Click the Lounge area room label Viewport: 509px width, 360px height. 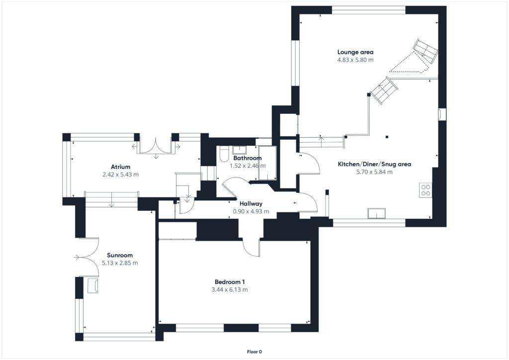coord(355,52)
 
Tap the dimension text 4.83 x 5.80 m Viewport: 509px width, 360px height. coord(355,60)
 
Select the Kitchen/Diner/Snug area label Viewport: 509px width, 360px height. coord(374,164)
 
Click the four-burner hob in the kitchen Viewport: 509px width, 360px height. coord(426,190)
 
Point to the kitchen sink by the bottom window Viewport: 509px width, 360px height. coord(376,214)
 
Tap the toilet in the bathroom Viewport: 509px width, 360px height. coord(223,155)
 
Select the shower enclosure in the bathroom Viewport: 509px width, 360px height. coord(266,163)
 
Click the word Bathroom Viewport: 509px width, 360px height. coord(247,158)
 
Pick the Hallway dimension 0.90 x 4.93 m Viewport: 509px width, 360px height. coord(251,211)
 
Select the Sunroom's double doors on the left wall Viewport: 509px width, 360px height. coord(85,257)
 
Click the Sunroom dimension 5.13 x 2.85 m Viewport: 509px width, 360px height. coord(120,263)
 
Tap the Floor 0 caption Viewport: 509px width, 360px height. coord(254,352)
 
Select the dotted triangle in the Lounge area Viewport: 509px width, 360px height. coord(409,64)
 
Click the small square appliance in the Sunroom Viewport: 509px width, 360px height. coord(92,285)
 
